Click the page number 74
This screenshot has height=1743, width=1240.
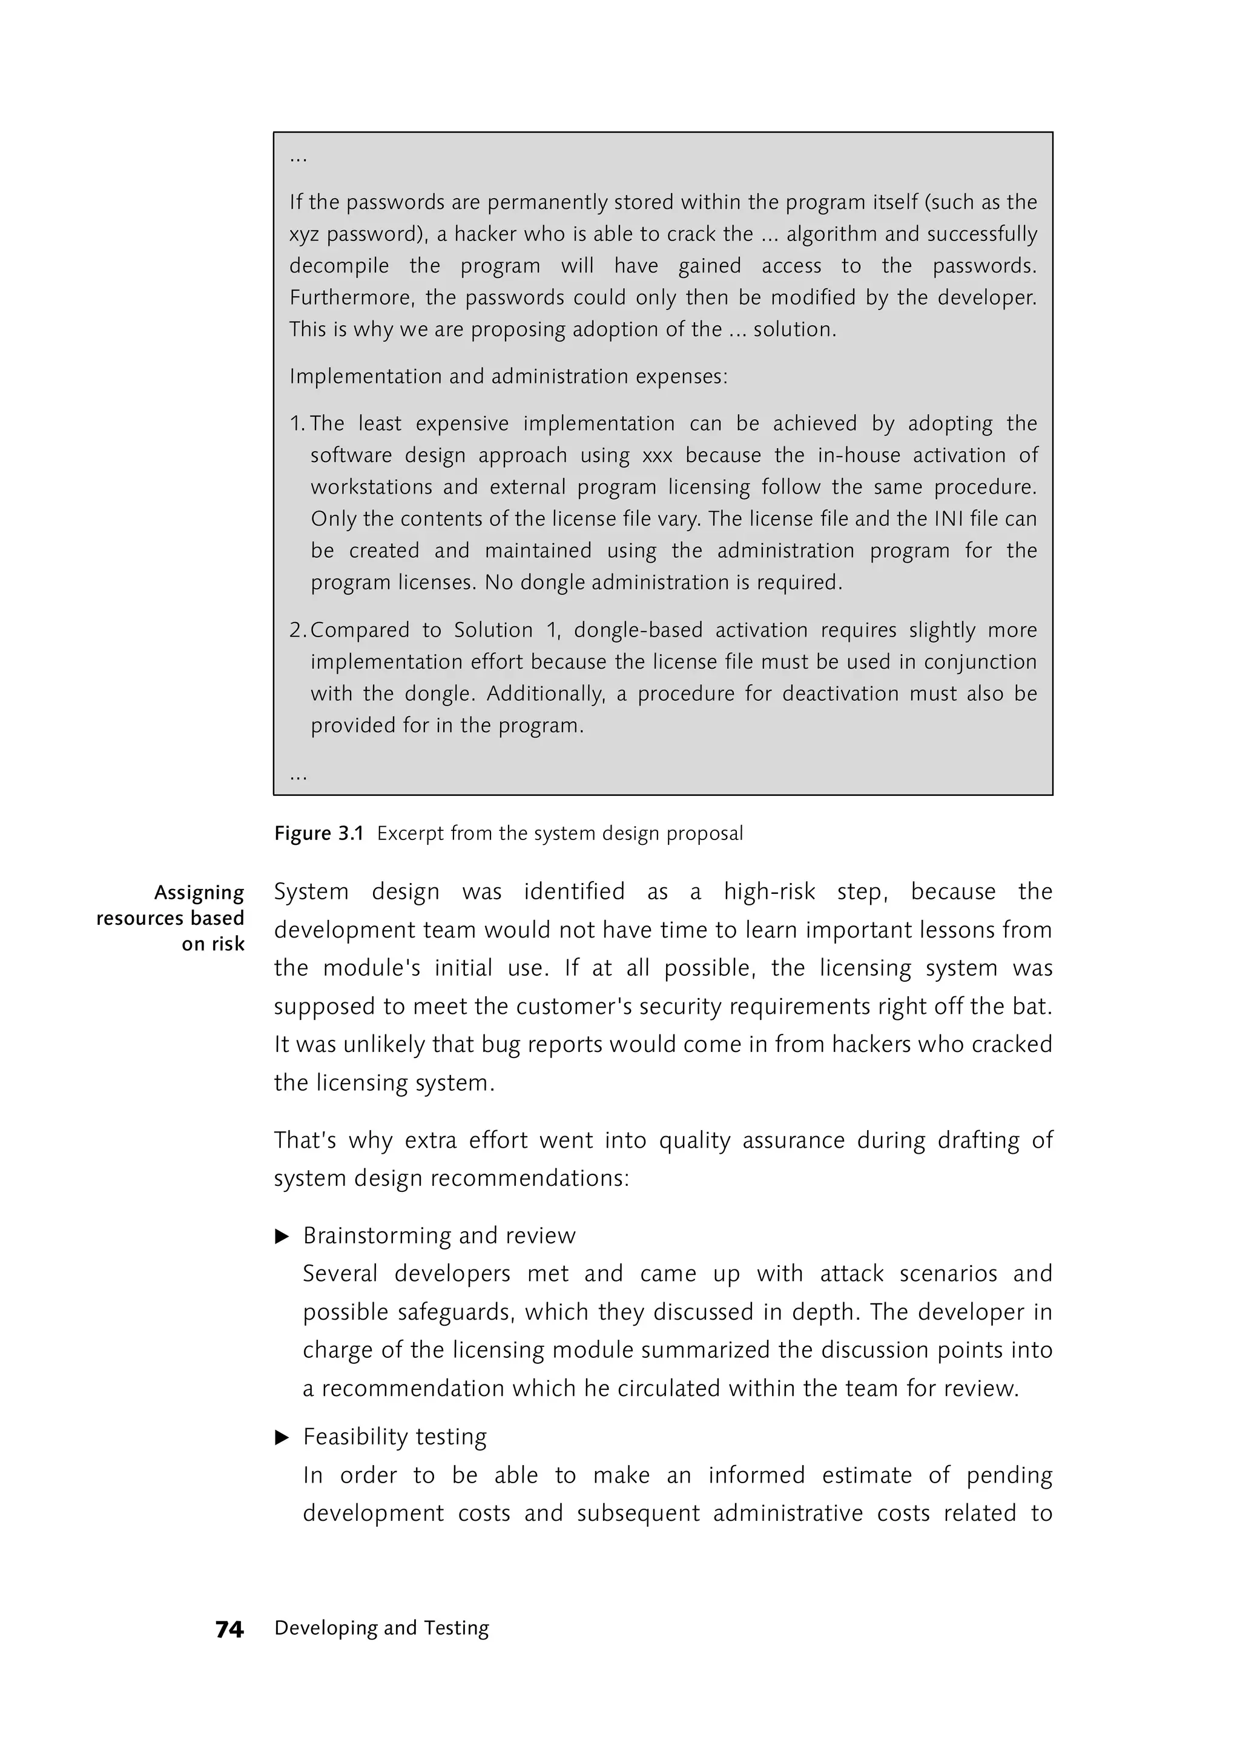coord(229,1630)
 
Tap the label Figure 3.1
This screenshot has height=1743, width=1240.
coord(318,833)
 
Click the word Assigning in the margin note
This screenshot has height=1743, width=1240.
coord(199,893)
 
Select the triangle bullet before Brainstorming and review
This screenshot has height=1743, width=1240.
coord(282,1237)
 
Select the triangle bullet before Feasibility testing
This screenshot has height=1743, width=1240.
coord(282,1438)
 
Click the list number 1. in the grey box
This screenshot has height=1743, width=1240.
coord(297,424)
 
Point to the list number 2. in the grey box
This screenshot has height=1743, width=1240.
coord(297,630)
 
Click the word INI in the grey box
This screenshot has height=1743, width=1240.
coord(949,520)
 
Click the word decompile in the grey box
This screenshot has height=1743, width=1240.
coord(338,266)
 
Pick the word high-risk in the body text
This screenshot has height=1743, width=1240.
coord(769,892)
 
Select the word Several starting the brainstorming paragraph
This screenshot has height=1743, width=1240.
coord(340,1274)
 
